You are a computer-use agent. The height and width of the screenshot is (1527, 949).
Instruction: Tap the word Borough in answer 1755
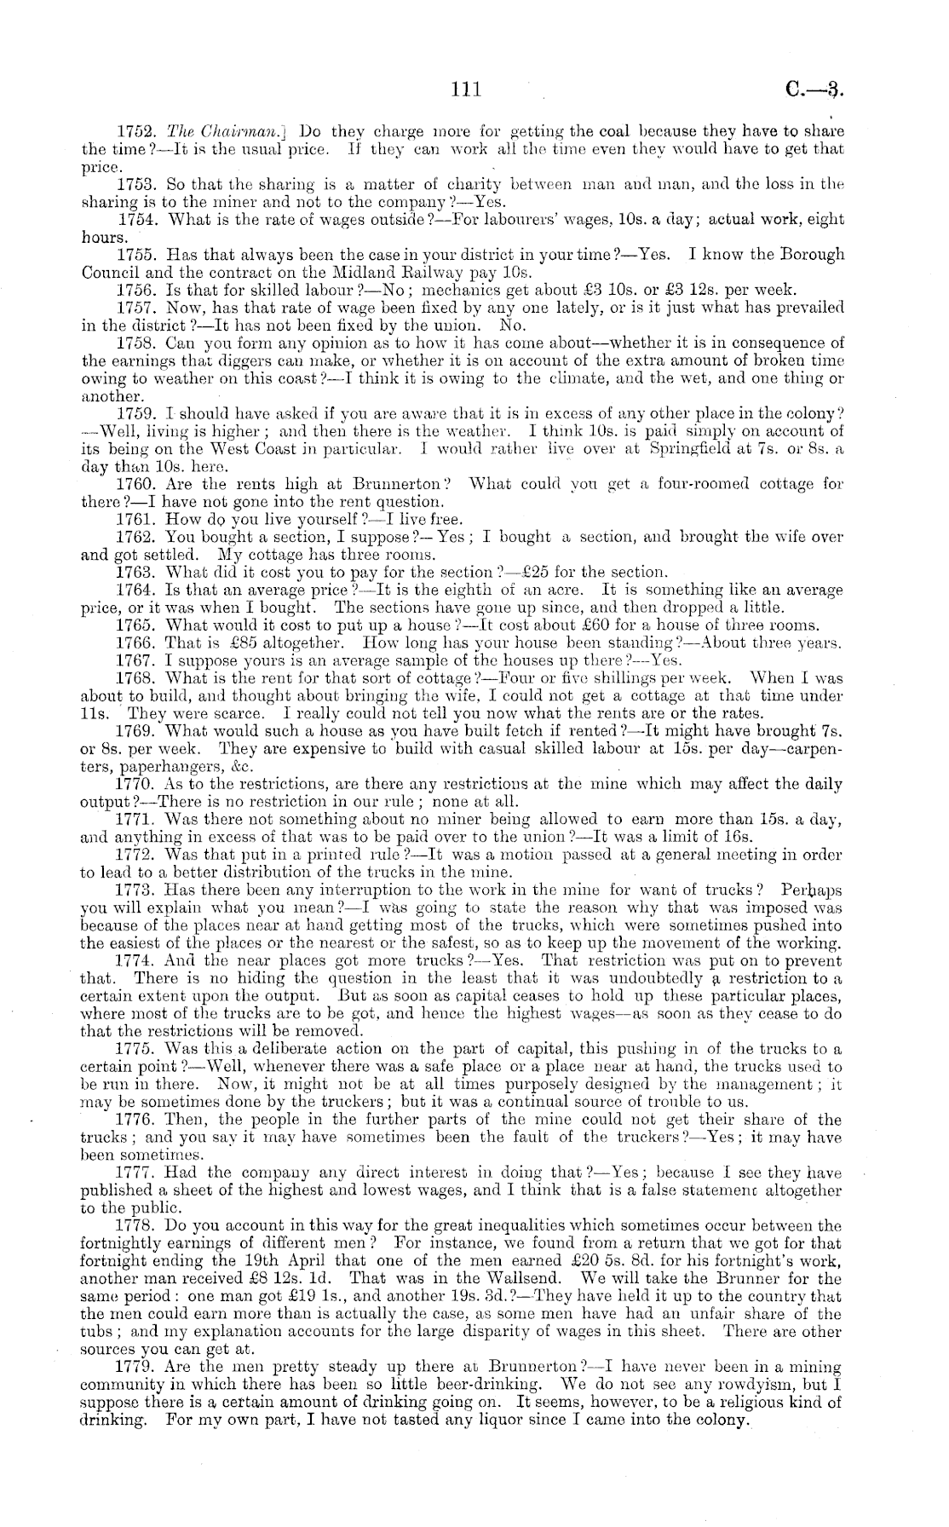point(810,254)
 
